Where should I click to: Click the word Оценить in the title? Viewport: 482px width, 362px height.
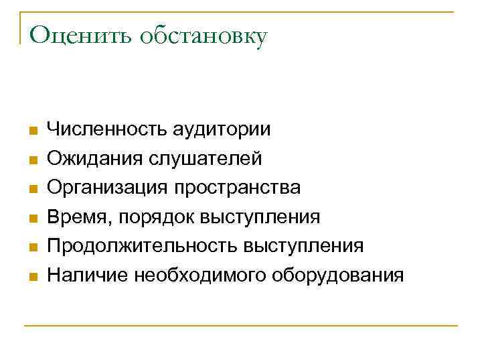click(x=79, y=35)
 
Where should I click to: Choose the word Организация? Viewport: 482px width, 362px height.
click(x=107, y=188)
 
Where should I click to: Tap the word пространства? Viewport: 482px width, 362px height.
click(x=238, y=188)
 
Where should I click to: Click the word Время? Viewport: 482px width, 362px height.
click(x=74, y=217)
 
